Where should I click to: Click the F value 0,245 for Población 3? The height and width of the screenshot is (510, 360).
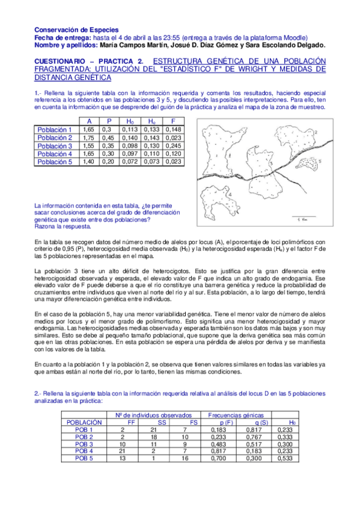click(172, 146)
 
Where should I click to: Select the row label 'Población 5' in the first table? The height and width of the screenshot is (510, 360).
click(55, 162)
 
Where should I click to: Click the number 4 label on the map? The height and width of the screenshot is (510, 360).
click(230, 194)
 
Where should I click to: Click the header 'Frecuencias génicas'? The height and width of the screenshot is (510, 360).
click(239, 415)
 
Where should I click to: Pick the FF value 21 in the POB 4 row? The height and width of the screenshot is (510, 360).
click(122, 450)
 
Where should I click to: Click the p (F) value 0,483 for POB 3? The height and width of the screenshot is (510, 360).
click(219, 443)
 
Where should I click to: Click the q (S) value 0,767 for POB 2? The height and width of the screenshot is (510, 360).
click(254, 437)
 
